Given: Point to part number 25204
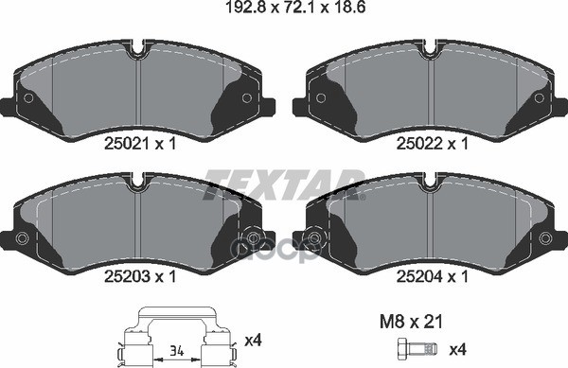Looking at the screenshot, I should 427,277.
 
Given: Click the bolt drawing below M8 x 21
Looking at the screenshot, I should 417,347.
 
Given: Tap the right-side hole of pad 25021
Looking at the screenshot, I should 247,97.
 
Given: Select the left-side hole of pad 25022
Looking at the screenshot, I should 321,97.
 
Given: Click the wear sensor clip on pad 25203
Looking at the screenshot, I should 252,237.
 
